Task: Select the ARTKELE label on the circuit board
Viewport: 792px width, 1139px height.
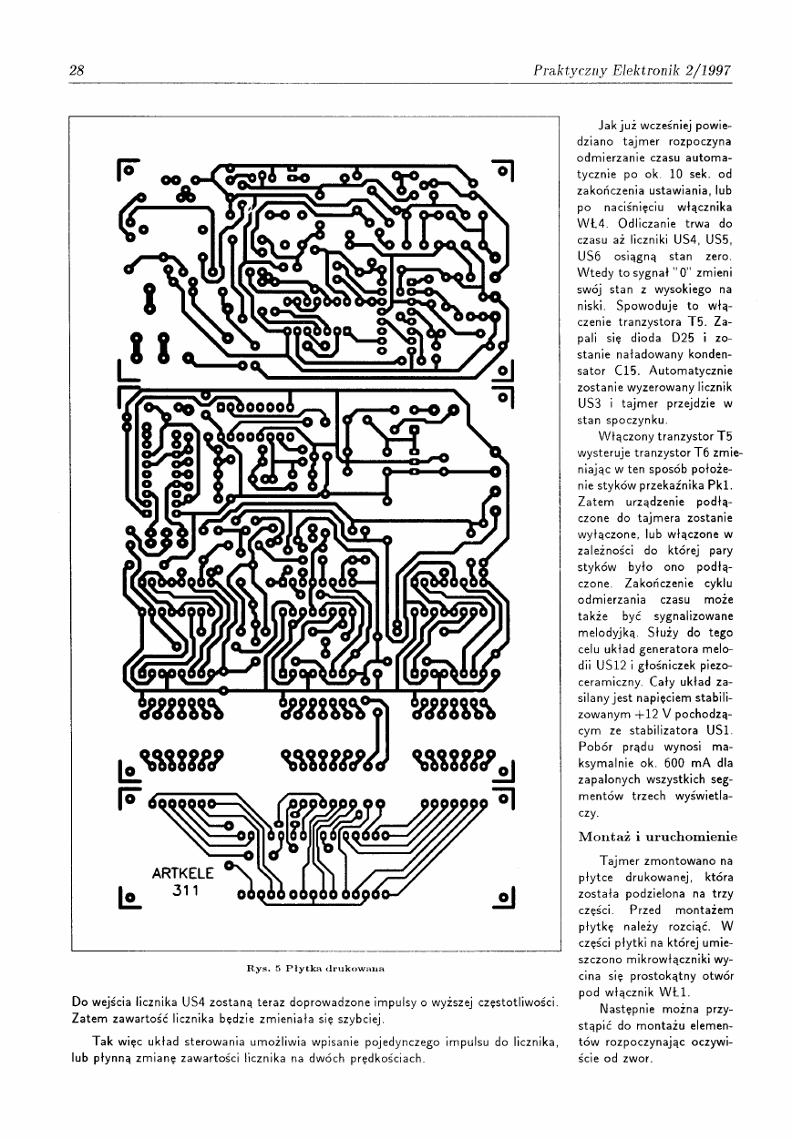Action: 182,873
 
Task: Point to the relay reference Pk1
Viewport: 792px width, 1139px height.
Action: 720,484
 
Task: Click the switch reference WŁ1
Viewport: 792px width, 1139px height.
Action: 674,992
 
